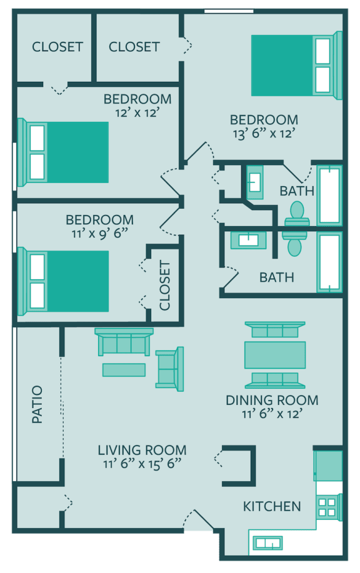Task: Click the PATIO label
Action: pos(38,405)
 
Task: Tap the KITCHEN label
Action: pos(272,506)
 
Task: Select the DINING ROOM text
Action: pos(272,401)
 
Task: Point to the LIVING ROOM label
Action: pos(142,450)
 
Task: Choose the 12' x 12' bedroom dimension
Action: pos(137,112)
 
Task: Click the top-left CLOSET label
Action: pos(57,47)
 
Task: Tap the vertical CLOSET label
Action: pos(165,286)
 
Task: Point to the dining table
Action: pos(275,355)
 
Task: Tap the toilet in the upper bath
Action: pos(297,212)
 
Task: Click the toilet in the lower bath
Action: pos(294,244)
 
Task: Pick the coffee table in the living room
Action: pos(124,370)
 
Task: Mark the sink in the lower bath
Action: pos(248,239)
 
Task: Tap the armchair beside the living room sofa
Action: pos(169,369)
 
